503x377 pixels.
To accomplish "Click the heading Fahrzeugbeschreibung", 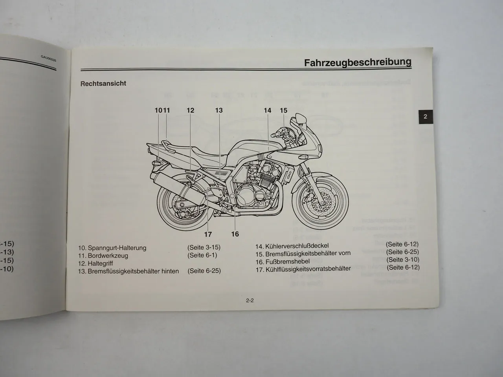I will click(x=358, y=62).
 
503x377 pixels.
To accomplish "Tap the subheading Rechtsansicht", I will click(x=103, y=84).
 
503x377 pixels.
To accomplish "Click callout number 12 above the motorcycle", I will click(x=190, y=110).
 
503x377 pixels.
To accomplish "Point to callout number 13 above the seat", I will click(x=219, y=110).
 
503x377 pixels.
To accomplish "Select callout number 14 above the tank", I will click(x=267, y=110).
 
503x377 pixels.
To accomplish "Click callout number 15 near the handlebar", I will click(x=284, y=110).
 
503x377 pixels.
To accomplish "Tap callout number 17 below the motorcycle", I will click(x=208, y=234).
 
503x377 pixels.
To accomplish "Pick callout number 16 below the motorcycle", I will click(x=235, y=234).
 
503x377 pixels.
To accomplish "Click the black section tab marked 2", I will click(x=425, y=116).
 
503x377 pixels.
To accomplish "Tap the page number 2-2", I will click(x=250, y=301).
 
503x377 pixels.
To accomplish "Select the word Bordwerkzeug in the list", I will click(x=108, y=256).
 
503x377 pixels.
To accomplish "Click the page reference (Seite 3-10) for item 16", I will click(x=403, y=260).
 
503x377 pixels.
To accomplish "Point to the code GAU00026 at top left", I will click(x=49, y=58).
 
